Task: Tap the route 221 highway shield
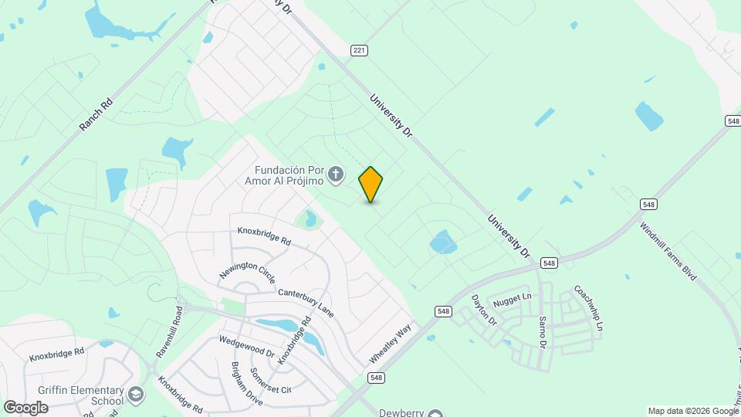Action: point(359,51)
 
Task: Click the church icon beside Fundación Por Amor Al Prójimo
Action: point(335,175)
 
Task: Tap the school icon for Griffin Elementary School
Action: point(137,395)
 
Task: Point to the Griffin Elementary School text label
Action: point(85,395)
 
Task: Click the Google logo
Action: point(25,408)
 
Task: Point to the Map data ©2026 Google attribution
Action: point(692,411)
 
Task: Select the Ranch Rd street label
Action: point(96,114)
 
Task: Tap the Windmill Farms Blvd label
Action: point(668,251)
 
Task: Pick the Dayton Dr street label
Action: point(484,310)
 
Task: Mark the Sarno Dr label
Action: point(541,331)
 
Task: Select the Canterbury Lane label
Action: point(306,302)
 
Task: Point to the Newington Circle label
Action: point(247,263)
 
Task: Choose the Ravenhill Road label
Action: point(171,331)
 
